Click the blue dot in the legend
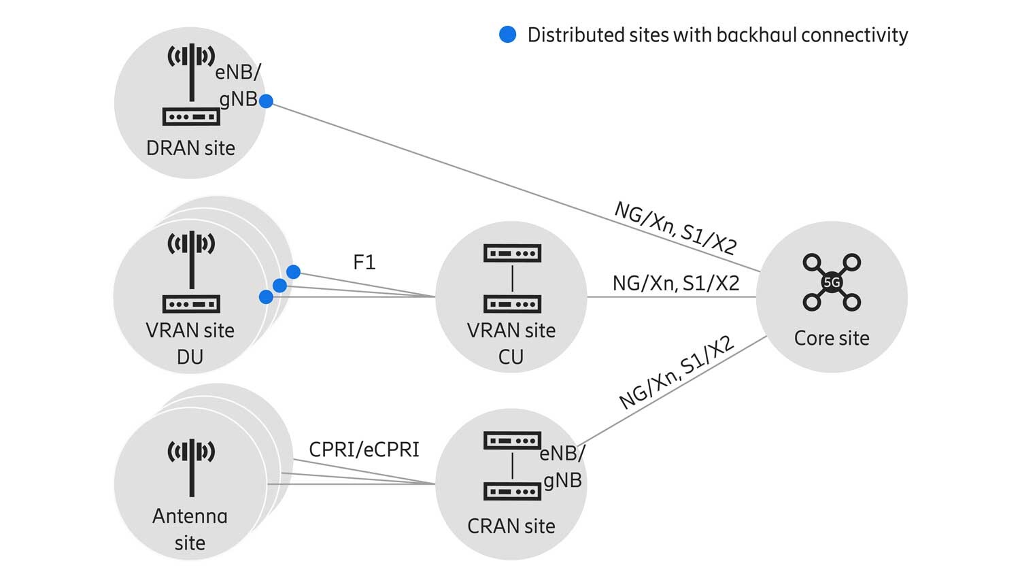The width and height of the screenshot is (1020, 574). click(507, 35)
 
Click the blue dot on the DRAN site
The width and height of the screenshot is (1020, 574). click(267, 101)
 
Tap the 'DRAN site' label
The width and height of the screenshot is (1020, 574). click(190, 148)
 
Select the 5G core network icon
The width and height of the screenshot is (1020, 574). click(832, 282)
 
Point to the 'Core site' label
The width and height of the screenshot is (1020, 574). click(832, 338)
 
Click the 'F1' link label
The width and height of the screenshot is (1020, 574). click(364, 263)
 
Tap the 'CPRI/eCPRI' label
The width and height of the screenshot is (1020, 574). click(364, 450)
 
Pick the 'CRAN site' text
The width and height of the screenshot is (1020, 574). click(511, 526)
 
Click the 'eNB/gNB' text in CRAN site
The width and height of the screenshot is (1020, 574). click(562, 467)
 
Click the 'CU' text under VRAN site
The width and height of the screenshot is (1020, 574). click(511, 357)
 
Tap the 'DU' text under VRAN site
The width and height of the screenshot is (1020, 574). click(190, 357)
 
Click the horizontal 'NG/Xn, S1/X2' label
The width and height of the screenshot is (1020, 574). click(675, 283)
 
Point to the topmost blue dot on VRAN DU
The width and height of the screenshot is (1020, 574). click(293, 272)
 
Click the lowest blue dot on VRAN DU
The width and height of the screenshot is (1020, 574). click(267, 297)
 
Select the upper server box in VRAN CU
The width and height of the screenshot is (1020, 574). click(512, 254)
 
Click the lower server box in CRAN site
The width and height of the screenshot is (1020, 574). click(512, 491)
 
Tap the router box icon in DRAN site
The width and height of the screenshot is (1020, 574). click(192, 117)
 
